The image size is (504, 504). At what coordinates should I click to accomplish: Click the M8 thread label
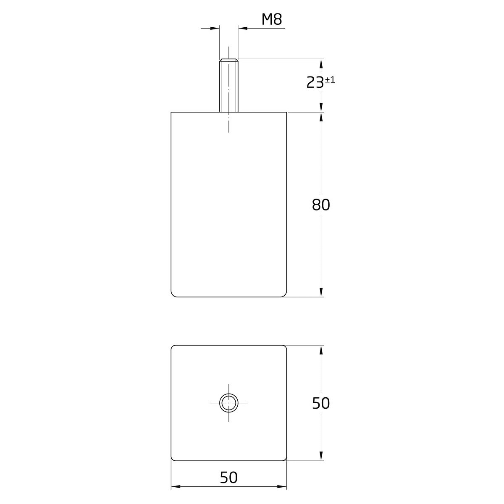point(272,20)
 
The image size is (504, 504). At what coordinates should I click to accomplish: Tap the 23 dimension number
point(315,83)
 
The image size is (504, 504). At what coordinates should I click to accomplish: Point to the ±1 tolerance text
point(330,80)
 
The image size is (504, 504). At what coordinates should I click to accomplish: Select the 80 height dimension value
point(321,205)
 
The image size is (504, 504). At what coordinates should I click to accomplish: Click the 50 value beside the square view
point(321,403)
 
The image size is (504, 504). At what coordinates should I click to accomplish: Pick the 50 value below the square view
point(228,478)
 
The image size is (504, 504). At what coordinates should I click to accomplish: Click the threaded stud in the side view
point(228,85)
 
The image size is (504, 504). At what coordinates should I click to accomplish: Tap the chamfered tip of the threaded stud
point(228,60)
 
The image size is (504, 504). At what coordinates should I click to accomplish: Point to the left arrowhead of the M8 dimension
point(215,28)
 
